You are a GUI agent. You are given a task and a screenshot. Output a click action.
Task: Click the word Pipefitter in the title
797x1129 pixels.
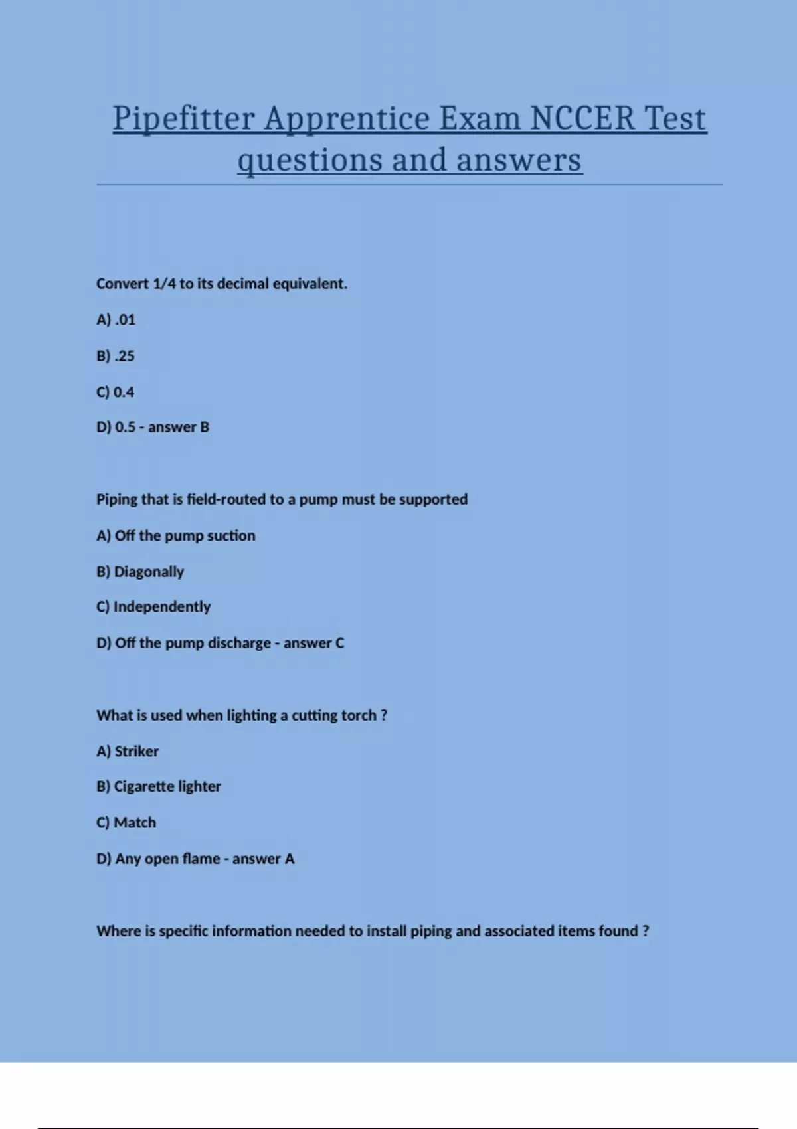click(x=183, y=120)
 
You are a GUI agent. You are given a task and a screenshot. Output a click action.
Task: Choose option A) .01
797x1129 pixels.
click(x=116, y=320)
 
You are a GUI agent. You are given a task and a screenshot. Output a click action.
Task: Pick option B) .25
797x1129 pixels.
click(x=116, y=356)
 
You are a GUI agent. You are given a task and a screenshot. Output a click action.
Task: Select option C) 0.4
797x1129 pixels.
click(x=116, y=392)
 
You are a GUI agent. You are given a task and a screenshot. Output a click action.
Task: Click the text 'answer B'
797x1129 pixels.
click(x=178, y=427)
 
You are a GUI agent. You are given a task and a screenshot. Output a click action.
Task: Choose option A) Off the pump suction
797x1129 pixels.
click(x=176, y=535)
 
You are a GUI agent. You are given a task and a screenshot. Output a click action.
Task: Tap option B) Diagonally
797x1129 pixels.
click(x=140, y=572)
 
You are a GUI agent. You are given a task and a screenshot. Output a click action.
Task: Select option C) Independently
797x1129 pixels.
click(x=153, y=607)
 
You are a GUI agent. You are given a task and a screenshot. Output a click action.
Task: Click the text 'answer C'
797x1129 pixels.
click(x=313, y=643)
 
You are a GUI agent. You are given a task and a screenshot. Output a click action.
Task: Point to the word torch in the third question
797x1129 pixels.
click(x=359, y=715)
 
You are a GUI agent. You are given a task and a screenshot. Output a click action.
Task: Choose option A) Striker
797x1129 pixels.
click(x=128, y=751)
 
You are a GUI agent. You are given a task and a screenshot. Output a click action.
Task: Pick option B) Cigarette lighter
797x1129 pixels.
click(x=159, y=786)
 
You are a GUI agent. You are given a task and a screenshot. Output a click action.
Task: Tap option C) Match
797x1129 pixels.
click(x=126, y=822)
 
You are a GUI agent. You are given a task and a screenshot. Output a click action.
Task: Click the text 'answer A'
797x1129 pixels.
click(x=263, y=859)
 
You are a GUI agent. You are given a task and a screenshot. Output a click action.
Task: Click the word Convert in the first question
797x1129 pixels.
click(x=122, y=284)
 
